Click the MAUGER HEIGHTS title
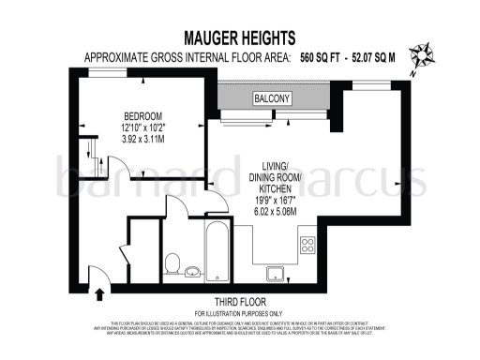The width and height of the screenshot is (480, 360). pyautogui.click(x=240, y=38)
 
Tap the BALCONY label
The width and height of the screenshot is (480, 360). pyautogui.click(x=272, y=98)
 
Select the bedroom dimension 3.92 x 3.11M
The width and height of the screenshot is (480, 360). pyautogui.click(x=142, y=138)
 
